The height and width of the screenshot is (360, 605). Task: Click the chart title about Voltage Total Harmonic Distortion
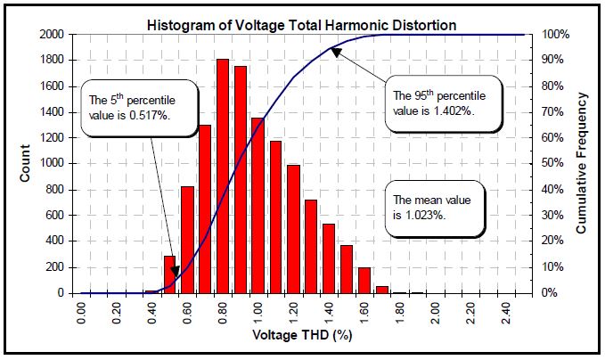(301, 25)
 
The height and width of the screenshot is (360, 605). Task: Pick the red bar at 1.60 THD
(364, 280)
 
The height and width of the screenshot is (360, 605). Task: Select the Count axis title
(27, 164)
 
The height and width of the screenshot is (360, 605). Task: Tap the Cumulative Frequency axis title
(581, 164)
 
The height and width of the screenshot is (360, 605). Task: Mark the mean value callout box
(434, 209)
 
